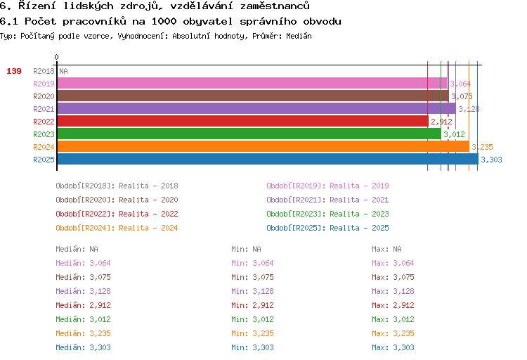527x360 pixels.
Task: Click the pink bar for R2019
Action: coord(252,84)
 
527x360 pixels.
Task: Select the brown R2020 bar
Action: coord(253,96)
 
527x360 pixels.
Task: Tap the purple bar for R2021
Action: coord(256,109)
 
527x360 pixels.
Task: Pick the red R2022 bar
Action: coord(243,122)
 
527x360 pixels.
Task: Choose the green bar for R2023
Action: coord(249,134)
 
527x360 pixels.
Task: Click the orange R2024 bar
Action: coord(263,147)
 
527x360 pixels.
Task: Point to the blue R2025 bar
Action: coord(268,159)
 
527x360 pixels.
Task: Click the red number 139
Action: coord(14,71)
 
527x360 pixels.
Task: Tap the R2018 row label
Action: coord(44,71)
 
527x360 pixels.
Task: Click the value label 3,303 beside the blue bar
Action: coord(491,160)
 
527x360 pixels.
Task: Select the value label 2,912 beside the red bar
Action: coord(442,122)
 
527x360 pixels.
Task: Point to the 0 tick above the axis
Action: coord(56,57)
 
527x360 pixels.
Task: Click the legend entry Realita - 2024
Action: coord(148,228)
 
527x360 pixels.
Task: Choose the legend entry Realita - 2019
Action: coord(359,186)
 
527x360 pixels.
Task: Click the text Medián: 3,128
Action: coord(83,291)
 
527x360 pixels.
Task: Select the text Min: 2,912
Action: coord(252,305)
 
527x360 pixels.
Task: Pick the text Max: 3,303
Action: coord(393,347)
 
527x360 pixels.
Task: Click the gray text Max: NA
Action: coord(386,249)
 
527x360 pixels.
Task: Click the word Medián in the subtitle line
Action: coord(299,36)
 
